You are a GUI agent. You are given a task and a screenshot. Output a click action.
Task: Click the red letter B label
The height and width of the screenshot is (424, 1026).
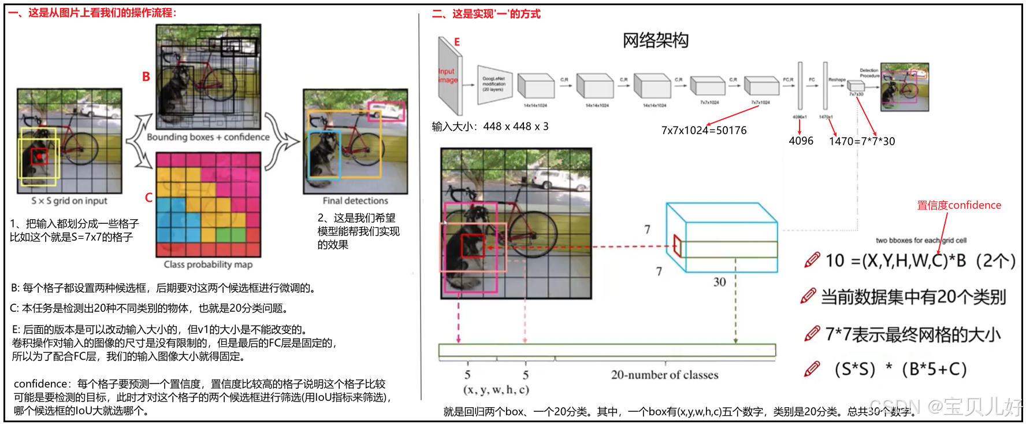pos(146,76)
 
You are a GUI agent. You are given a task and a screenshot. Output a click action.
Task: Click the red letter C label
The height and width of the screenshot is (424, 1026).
pos(148,198)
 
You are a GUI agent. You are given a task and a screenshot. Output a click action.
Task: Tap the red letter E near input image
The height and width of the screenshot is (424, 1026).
pos(457,42)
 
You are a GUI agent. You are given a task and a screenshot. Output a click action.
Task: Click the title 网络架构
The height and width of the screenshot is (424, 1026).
pos(655,40)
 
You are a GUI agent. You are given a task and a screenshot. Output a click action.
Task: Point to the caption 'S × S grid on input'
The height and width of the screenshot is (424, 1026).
pos(69,201)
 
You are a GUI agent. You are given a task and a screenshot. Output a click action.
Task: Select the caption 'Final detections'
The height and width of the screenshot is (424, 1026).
pos(355,201)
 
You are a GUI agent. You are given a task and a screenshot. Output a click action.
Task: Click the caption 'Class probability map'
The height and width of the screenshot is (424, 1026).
pos(208,264)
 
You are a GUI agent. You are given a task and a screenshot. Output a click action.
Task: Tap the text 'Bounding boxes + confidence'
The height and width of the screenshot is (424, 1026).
pos(208,137)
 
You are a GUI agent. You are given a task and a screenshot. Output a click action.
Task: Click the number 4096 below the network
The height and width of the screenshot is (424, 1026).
pos(801,141)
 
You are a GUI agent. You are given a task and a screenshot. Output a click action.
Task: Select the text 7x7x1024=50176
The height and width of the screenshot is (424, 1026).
pos(704,130)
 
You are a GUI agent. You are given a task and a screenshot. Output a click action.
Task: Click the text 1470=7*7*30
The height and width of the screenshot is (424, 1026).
pos(862,141)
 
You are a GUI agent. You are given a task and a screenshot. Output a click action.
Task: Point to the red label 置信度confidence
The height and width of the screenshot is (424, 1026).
pos(959,205)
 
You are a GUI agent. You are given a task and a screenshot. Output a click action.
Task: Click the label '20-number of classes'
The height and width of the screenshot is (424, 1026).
pos(664,375)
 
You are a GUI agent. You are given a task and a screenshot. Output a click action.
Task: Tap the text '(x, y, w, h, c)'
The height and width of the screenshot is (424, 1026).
pos(496,390)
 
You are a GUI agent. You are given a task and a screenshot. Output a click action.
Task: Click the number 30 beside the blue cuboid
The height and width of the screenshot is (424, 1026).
pos(719,282)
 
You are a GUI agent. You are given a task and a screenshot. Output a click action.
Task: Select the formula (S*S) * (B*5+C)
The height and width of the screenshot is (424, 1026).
pos(900,369)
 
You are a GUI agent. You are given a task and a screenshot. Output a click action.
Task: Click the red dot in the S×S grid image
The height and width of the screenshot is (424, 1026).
pos(39,156)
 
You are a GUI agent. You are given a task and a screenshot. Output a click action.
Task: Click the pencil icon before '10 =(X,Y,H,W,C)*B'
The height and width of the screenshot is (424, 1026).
pos(812,260)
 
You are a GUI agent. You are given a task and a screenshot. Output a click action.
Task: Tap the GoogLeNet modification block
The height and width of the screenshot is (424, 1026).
pos(494,84)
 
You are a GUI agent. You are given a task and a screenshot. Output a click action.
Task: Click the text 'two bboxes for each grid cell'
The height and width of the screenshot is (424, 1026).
pos(921,241)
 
